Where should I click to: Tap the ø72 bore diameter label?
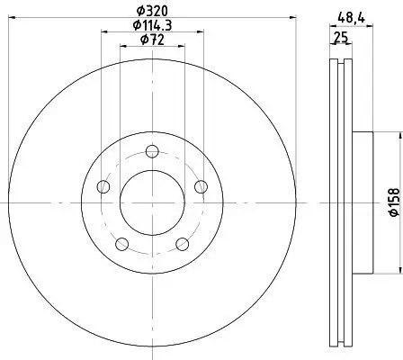[151, 40]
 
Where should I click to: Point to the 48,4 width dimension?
[345, 13]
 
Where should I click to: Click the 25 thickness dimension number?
[340, 38]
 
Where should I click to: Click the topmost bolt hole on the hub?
[151, 150]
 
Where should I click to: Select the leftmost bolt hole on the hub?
[103, 186]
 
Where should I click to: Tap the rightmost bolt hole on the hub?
[200, 186]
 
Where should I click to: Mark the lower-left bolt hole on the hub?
[121, 244]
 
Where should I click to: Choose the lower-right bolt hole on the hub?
[182, 244]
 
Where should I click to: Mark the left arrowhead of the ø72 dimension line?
[123, 47]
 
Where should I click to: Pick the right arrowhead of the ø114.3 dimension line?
[200, 32]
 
